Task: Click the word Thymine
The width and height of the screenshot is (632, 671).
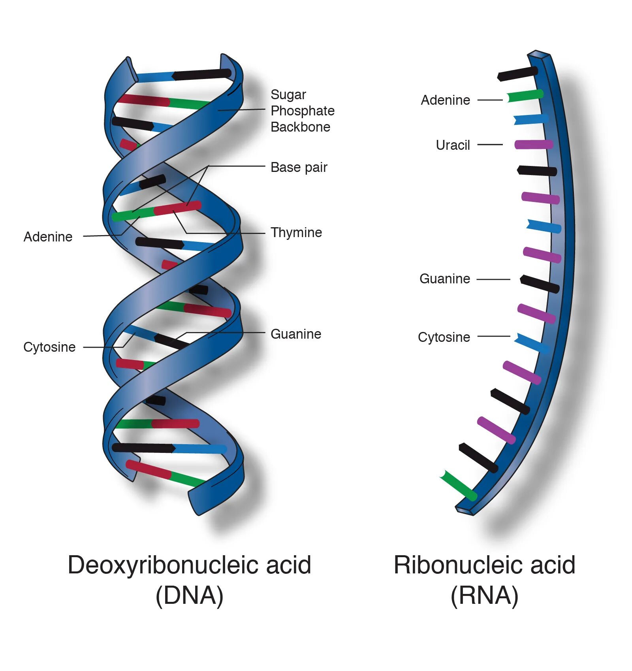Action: pos(296,232)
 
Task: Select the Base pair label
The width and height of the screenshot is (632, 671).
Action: pos(299,167)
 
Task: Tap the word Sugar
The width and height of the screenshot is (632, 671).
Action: pos(288,94)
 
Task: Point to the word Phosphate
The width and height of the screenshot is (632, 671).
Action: pos(302,111)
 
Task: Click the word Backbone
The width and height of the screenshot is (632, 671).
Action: pos(300,127)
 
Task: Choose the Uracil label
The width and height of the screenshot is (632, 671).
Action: pos(453,145)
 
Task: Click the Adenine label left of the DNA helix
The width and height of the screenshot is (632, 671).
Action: pos(48,237)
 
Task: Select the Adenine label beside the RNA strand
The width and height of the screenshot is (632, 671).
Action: pos(445,100)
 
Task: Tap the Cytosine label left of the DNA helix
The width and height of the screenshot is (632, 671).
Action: pos(49,347)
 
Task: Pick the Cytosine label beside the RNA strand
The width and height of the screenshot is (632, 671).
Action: pos(444,337)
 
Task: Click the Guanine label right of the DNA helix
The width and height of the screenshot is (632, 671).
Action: pos(295,334)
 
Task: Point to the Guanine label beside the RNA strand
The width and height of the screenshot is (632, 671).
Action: pos(444,279)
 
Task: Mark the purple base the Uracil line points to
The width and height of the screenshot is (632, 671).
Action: pos(533,144)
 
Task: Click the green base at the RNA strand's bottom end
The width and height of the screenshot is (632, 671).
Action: pos(458,485)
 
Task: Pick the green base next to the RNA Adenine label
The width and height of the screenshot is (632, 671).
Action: pos(525,96)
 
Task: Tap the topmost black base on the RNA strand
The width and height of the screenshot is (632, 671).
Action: pos(518,74)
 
